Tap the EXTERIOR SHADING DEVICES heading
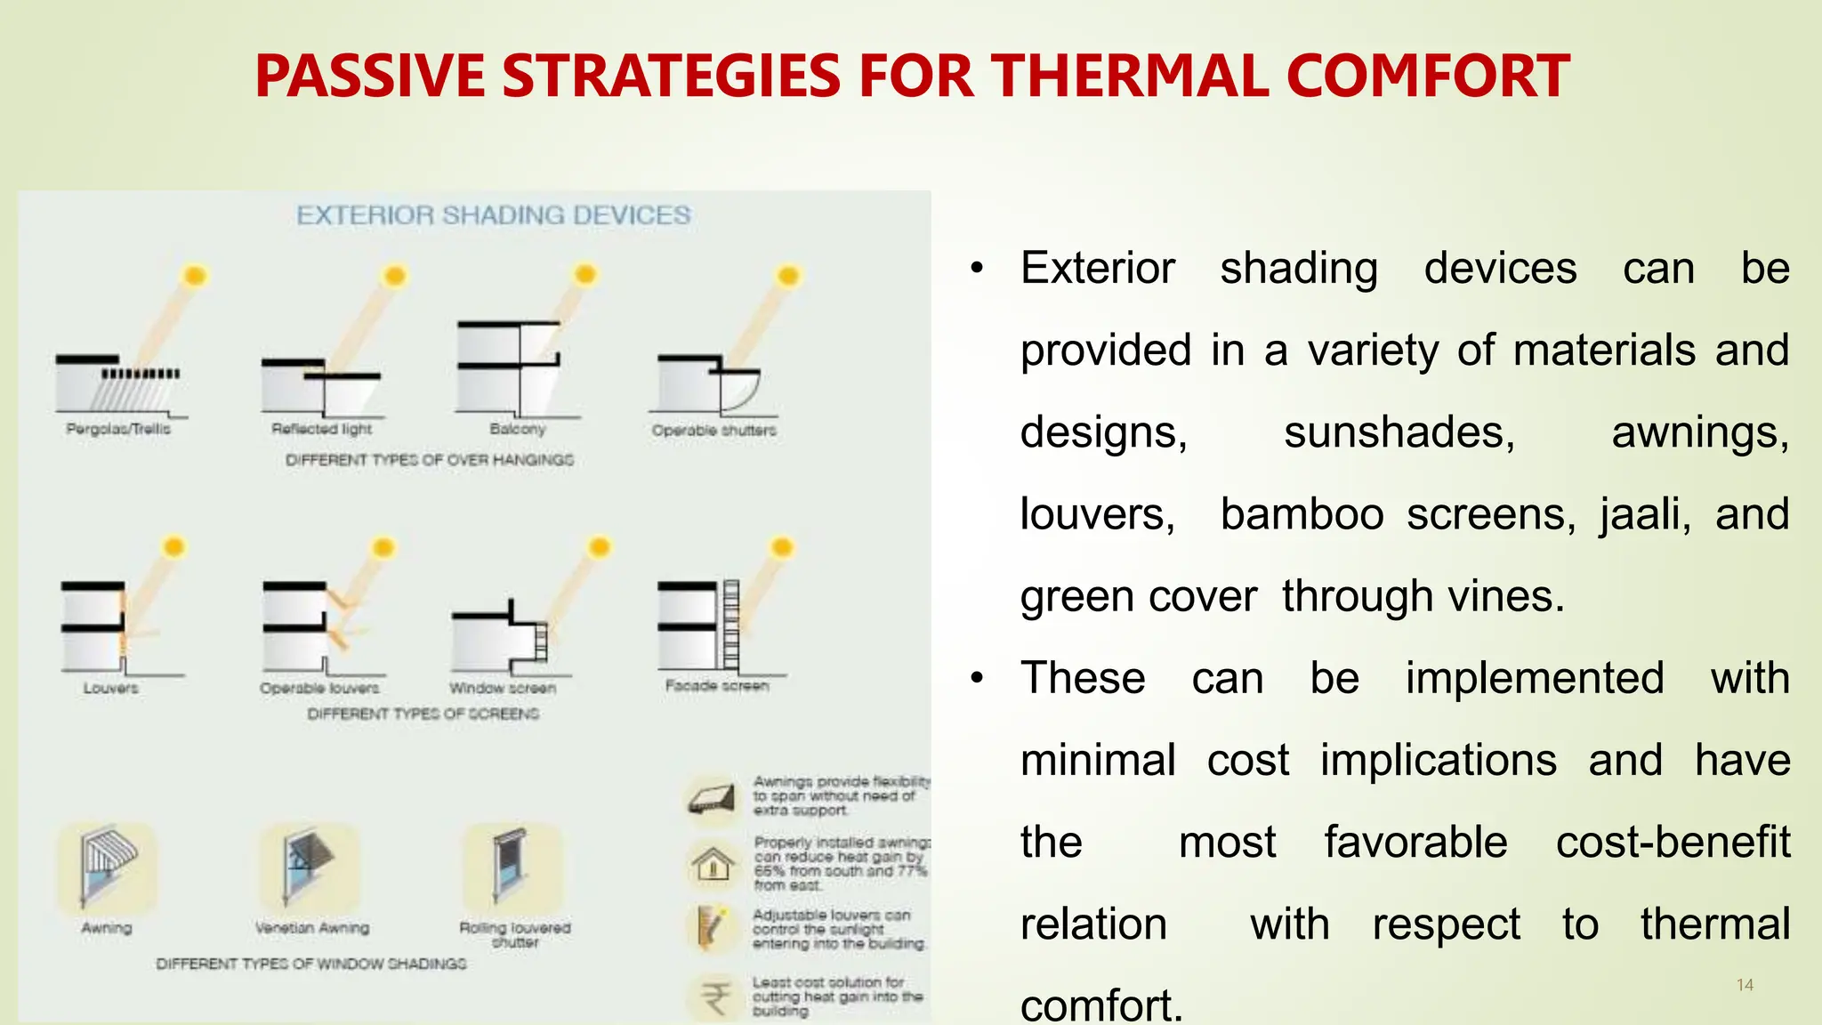pyautogui.click(x=493, y=215)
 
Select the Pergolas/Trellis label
pyautogui.click(x=118, y=429)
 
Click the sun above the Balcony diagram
pyautogui.click(x=584, y=274)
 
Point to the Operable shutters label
pyautogui.click(x=713, y=431)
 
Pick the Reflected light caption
pyautogui.click(x=322, y=429)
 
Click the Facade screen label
pyautogui.click(x=717, y=686)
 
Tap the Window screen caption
pyautogui.click(x=503, y=688)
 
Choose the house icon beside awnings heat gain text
pyautogui.click(x=713, y=863)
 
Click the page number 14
pyautogui.click(x=1745, y=985)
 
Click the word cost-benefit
pyautogui.click(x=1673, y=842)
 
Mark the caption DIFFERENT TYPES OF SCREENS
pyautogui.click(x=423, y=714)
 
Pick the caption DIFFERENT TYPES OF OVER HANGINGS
pyautogui.click(x=430, y=460)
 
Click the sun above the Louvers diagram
pyautogui.click(x=173, y=546)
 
